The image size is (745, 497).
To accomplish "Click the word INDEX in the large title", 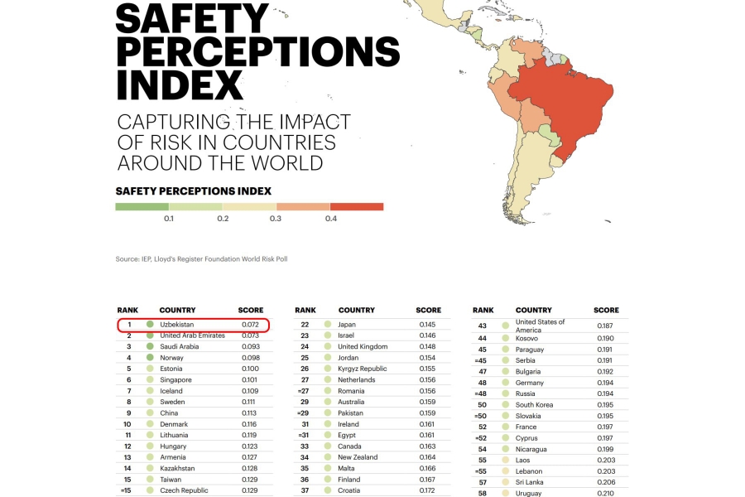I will pos(180,84).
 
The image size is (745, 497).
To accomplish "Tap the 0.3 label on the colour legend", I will pos(275,219).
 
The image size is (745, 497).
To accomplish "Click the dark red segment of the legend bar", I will pos(356,206).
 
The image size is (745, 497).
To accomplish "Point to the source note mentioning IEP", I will pos(201,259).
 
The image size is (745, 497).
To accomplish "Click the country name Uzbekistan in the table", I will pos(177,325).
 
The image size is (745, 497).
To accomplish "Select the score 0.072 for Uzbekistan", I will pos(250,325).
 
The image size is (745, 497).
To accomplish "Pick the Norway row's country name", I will pos(171,357).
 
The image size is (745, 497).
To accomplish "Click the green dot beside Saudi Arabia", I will pos(150,346).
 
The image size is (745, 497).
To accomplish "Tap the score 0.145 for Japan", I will pos(427,325).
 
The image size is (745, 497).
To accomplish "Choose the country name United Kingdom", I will pos(363,346).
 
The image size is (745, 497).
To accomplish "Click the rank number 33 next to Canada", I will pos(304,446).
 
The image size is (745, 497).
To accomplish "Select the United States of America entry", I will pos(540,326).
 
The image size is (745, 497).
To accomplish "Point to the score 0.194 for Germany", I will pos(607,383).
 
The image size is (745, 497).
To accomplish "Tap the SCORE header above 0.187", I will pos(606,311).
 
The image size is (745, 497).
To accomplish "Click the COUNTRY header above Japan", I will pos(356,311).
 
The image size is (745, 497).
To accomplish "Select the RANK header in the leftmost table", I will pos(127,311).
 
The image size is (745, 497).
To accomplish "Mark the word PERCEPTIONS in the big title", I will pos(257,51).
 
